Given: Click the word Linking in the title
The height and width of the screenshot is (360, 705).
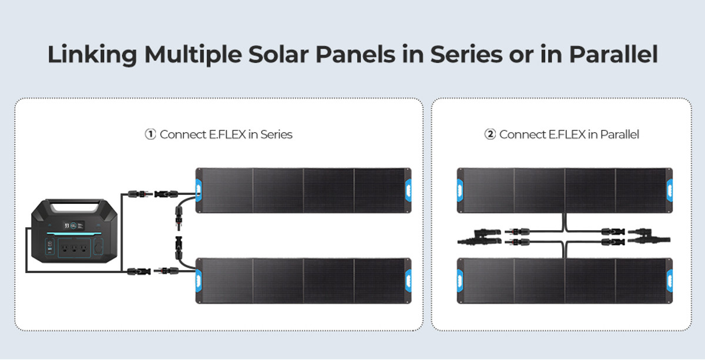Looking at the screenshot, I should click(x=92, y=55).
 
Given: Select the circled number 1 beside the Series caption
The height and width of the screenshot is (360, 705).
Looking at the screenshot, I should click(x=150, y=134).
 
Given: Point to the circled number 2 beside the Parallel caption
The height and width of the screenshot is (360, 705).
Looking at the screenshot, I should click(x=490, y=134).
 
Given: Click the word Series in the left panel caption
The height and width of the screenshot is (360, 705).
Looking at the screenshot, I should click(x=277, y=134).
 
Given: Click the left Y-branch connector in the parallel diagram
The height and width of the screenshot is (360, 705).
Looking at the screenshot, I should click(x=479, y=237).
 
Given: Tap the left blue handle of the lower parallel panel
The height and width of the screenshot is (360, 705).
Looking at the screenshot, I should click(x=460, y=280).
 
